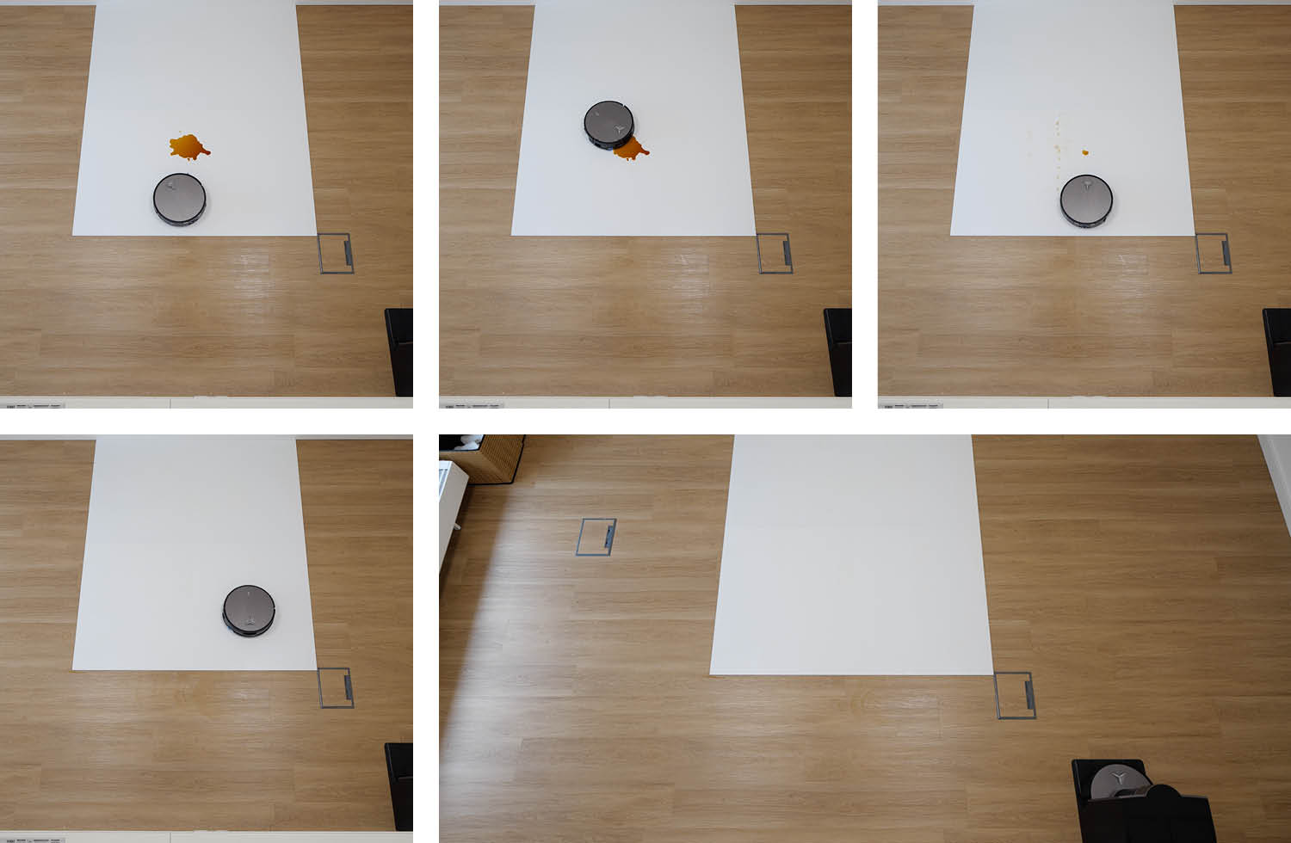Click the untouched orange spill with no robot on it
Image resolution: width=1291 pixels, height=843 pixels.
(188, 147)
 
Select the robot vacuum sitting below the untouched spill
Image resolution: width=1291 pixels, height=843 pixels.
(180, 199)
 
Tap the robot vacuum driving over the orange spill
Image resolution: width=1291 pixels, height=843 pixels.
(608, 123)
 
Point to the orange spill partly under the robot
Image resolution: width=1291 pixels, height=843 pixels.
(632, 150)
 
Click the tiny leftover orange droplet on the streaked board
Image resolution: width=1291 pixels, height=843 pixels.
(1084, 152)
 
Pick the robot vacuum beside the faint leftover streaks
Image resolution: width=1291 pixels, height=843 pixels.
(1086, 200)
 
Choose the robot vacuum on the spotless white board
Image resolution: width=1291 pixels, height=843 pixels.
(249, 610)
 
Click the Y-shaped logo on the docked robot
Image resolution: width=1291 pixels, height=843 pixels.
(1119, 777)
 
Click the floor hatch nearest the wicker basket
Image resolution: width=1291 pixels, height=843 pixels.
(596, 536)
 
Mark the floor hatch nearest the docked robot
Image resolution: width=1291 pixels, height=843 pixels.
(1015, 695)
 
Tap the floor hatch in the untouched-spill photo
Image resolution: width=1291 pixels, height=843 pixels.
(336, 253)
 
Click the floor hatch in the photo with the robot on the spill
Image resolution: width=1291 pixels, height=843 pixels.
(775, 253)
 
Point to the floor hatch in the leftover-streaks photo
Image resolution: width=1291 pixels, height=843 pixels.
(1214, 253)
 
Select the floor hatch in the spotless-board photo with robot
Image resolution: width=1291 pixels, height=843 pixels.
(336, 687)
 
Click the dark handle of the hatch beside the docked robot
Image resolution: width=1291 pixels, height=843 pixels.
(1028, 695)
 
